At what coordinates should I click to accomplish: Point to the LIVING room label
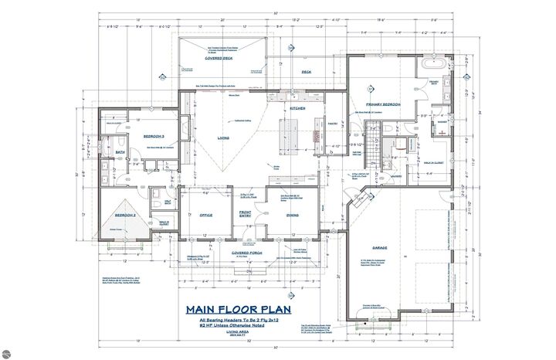pyautogui.click(x=224, y=138)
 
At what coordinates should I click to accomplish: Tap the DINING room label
pyautogui.click(x=293, y=215)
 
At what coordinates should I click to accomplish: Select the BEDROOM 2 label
pyautogui.click(x=126, y=215)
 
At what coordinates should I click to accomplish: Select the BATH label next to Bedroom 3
pyautogui.click(x=120, y=152)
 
